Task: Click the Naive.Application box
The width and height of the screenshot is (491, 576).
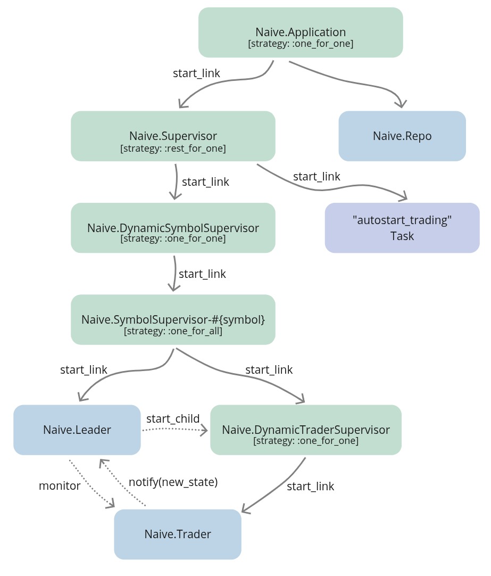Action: pos(301,32)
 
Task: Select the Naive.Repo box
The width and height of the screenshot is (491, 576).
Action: pos(402,136)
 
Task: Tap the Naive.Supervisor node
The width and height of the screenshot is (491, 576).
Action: pos(173,136)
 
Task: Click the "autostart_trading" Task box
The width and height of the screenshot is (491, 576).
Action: pos(402,228)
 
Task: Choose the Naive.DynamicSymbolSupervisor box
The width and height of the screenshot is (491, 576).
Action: pos(173,228)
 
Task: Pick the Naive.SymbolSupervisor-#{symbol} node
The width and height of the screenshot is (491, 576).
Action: pos(173,319)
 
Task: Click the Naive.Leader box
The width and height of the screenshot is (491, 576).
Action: pos(77,430)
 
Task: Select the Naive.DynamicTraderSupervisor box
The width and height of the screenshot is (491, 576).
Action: pos(306,430)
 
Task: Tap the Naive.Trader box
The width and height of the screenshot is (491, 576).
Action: pos(178,534)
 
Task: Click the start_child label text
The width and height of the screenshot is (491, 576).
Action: pos(173,418)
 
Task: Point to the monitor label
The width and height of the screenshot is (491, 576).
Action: pos(60,486)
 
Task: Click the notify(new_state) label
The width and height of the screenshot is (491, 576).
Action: pos(173,482)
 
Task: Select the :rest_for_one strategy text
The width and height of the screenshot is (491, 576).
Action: pos(173,149)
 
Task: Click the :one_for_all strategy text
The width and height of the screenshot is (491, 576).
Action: pos(173,331)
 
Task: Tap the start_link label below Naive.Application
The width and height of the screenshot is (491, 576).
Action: pos(196,73)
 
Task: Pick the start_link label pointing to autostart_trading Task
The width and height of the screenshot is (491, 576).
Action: pos(317,176)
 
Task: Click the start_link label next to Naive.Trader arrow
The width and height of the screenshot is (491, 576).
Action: pos(311,486)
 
